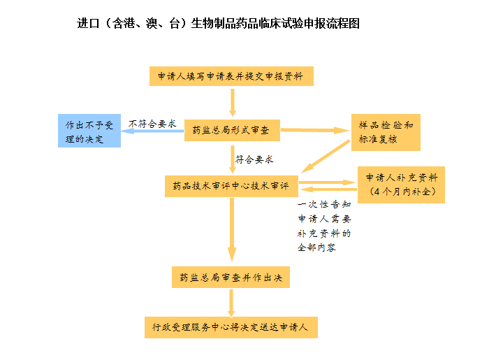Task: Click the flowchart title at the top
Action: pyautogui.click(x=218, y=23)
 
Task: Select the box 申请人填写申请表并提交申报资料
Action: pyautogui.click(x=231, y=76)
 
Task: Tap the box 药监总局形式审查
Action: pyautogui.click(x=232, y=130)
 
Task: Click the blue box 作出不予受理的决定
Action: pyautogui.click(x=89, y=131)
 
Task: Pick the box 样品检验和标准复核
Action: pyautogui.click(x=386, y=132)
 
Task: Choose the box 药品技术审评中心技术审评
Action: pyautogui.click(x=231, y=186)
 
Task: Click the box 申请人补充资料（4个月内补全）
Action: pyautogui.click(x=401, y=185)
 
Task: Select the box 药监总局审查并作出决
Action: pyautogui.click(x=231, y=277)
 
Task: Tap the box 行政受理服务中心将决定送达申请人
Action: pyautogui.click(x=231, y=327)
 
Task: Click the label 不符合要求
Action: pyautogui.click(x=152, y=124)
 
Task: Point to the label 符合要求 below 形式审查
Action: pyautogui.click(x=254, y=159)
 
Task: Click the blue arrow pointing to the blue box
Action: pyautogui.click(x=152, y=131)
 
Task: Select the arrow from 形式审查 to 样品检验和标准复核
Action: pyautogui.click(x=314, y=130)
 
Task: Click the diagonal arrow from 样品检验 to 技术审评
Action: pyautogui.click(x=326, y=157)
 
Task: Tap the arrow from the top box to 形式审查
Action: pyautogui.click(x=233, y=103)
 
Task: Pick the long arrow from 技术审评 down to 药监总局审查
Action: pyautogui.click(x=232, y=229)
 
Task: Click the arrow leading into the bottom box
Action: pyautogui.click(x=231, y=303)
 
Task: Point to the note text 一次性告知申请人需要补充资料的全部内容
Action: pyautogui.click(x=324, y=226)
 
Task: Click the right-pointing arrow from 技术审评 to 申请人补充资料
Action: pyautogui.click(x=327, y=182)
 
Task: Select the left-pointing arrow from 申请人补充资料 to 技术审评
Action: pyautogui.click(x=329, y=189)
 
